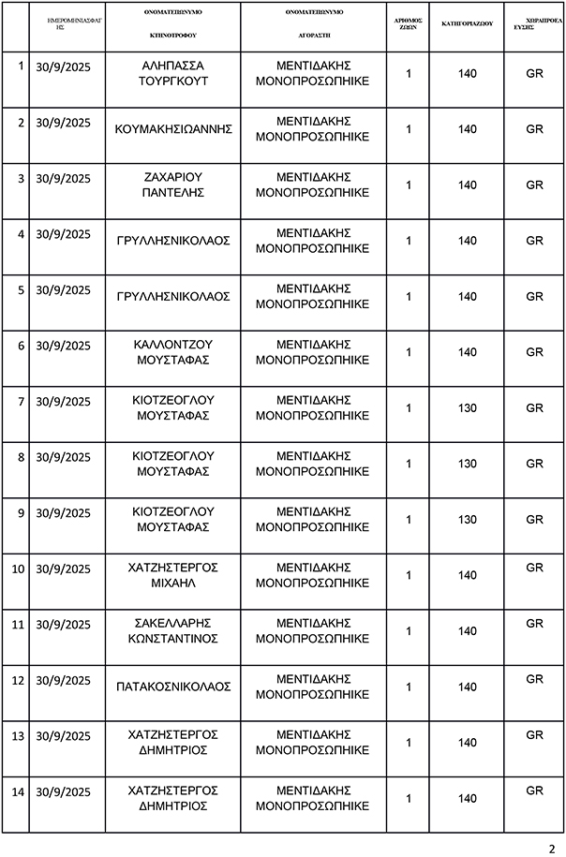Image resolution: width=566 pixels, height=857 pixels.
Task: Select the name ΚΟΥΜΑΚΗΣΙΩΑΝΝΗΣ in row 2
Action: [173, 129]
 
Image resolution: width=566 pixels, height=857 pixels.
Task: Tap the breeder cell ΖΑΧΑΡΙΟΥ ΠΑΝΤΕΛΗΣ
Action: [173, 185]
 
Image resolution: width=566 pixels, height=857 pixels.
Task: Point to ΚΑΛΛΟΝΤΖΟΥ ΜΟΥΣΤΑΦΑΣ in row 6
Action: [173, 352]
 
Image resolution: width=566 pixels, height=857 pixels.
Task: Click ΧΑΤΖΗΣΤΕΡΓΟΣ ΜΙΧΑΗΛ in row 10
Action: [173, 575]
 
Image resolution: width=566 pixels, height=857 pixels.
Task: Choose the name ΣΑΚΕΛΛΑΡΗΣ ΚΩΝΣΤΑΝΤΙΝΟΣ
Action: [173, 630]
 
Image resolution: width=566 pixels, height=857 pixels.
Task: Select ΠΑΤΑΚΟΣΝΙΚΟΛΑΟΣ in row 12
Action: [173, 687]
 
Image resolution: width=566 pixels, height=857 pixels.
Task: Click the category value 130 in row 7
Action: [468, 408]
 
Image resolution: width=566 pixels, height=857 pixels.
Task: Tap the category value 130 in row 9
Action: [468, 520]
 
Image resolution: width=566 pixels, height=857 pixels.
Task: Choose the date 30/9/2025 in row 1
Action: [63, 66]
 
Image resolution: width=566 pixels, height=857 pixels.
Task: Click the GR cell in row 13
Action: [534, 735]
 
